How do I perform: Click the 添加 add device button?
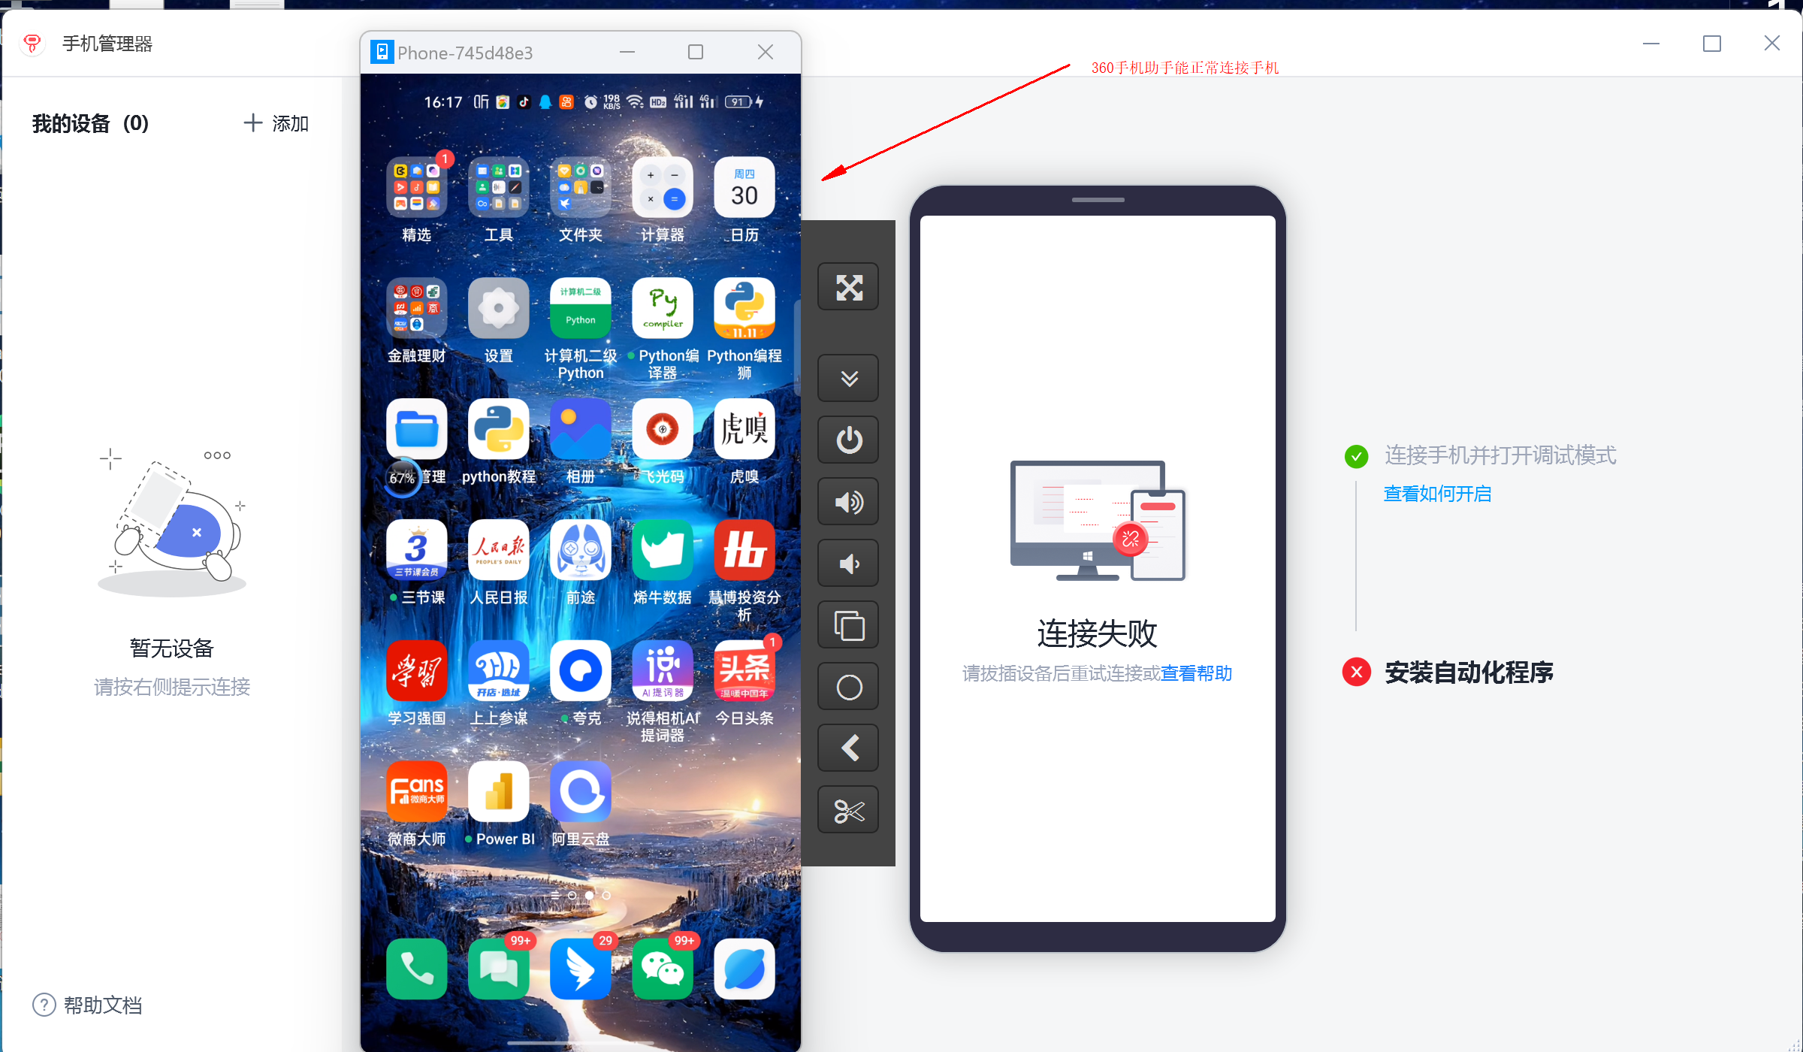click(x=276, y=123)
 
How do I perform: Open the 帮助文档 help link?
click(x=87, y=1005)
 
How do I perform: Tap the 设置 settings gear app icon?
click(x=498, y=308)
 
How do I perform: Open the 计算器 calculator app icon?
click(x=662, y=188)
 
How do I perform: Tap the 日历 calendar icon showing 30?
click(x=744, y=188)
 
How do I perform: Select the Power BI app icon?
click(x=498, y=791)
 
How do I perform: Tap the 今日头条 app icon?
click(x=744, y=670)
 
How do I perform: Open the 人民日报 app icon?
click(x=498, y=549)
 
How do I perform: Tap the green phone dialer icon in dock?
click(x=416, y=969)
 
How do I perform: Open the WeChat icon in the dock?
click(x=662, y=969)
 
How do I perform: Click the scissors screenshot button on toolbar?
click(x=848, y=810)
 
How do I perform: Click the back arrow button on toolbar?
click(x=848, y=748)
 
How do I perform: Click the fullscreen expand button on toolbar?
click(x=848, y=286)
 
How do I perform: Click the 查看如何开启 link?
click(x=1437, y=494)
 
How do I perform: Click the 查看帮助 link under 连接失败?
click(x=1197, y=673)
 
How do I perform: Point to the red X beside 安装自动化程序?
click(x=1357, y=672)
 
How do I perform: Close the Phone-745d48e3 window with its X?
click(x=766, y=52)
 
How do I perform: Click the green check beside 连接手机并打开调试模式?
click(x=1356, y=456)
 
